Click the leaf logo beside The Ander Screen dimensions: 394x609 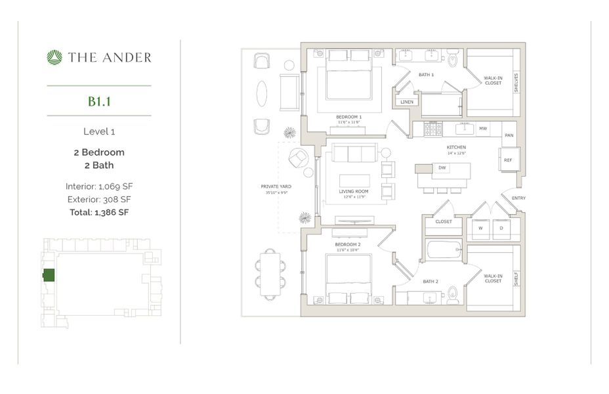point(54,58)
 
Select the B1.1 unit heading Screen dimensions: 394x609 point(99,101)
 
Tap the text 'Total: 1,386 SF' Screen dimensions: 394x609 point(99,212)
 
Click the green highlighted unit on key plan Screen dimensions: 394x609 point(49,275)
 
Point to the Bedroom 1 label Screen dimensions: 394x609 point(350,117)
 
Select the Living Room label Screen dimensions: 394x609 point(354,192)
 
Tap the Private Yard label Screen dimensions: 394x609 point(276,186)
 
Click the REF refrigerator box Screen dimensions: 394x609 point(509,160)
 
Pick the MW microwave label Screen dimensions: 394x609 point(483,129)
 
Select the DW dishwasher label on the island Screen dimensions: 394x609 point(443,168)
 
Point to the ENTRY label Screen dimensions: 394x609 point(518,198)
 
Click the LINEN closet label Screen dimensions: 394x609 point(406,102)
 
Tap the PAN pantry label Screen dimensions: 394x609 point(509,135)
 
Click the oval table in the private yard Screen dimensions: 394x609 point(261,93)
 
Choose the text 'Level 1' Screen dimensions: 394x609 point(99,131)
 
